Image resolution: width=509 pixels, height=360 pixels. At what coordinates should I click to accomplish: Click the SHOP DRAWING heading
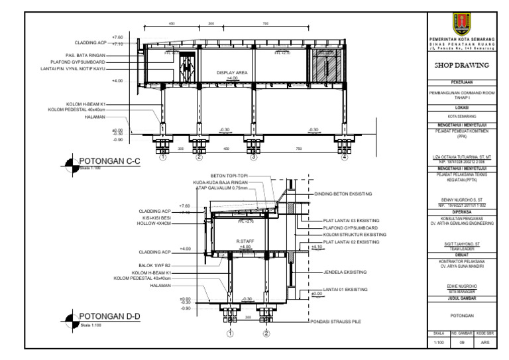(461, 66)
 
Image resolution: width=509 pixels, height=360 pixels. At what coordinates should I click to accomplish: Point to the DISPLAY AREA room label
(231, 72)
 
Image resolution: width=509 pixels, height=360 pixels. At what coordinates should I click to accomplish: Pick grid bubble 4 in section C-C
(344, 158)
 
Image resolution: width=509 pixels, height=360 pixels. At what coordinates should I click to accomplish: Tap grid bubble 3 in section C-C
(253, 158)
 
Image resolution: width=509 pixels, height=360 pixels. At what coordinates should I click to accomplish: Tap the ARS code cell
(484, 343)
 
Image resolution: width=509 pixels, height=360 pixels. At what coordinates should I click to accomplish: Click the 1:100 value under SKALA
(437, 343)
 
